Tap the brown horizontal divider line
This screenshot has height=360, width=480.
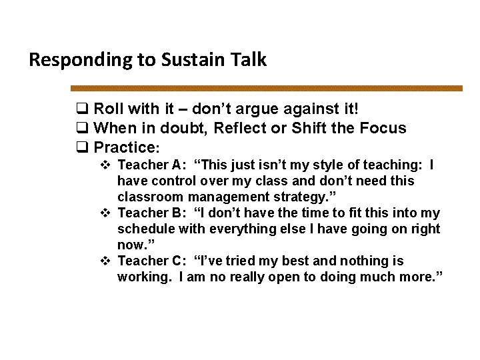pos(267,88)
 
